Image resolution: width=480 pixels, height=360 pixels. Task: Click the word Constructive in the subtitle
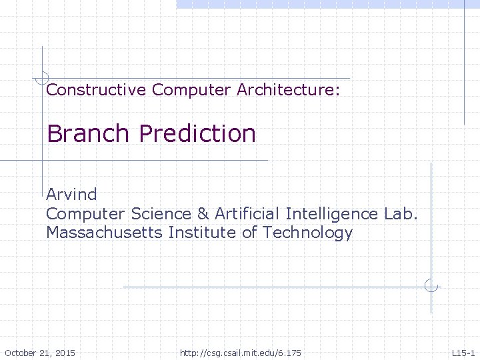pyautogui.click(x=96, y=89)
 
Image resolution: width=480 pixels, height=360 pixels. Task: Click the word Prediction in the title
pyautogui.click(x=197, y=133)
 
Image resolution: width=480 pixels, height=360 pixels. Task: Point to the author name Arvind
pyautogui.click(x=71, y=195)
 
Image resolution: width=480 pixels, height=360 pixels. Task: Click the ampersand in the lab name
pyautogui.click(x=203, y=214)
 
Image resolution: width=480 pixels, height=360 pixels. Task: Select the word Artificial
pyautogui.click(x=247, y=214)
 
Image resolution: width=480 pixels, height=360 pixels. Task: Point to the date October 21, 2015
pyautogui.click(x=40, y=352)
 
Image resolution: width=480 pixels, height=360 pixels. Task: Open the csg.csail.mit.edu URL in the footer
pyautogui.click(x=240, y=352)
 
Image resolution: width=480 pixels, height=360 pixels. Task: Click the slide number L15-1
pyautogui.click(x=463, y=352)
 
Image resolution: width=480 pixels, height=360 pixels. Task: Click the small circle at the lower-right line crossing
pyautogui.click(x=431, y=287)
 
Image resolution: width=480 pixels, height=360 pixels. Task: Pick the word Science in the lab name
pyautogui.click(x=162, y=214)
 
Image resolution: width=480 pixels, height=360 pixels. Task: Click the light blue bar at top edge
pyautogui.click(x=327, y=4)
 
